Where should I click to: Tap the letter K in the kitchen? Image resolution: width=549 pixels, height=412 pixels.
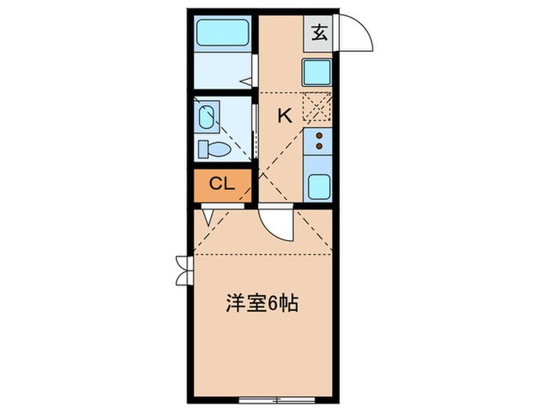coord(284,115)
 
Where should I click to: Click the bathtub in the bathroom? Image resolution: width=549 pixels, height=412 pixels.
coord(222,34)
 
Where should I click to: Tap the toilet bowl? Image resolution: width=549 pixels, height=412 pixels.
coord(213,148)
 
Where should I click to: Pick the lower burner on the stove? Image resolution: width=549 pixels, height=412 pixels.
coord(319,147)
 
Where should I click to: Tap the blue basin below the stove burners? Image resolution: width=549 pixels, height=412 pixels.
coord(318,188)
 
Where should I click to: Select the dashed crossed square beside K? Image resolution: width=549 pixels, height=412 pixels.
coord(318,106)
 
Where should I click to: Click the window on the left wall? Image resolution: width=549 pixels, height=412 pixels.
coord(183,270)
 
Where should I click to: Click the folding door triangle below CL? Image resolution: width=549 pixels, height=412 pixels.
coord(207,216)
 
